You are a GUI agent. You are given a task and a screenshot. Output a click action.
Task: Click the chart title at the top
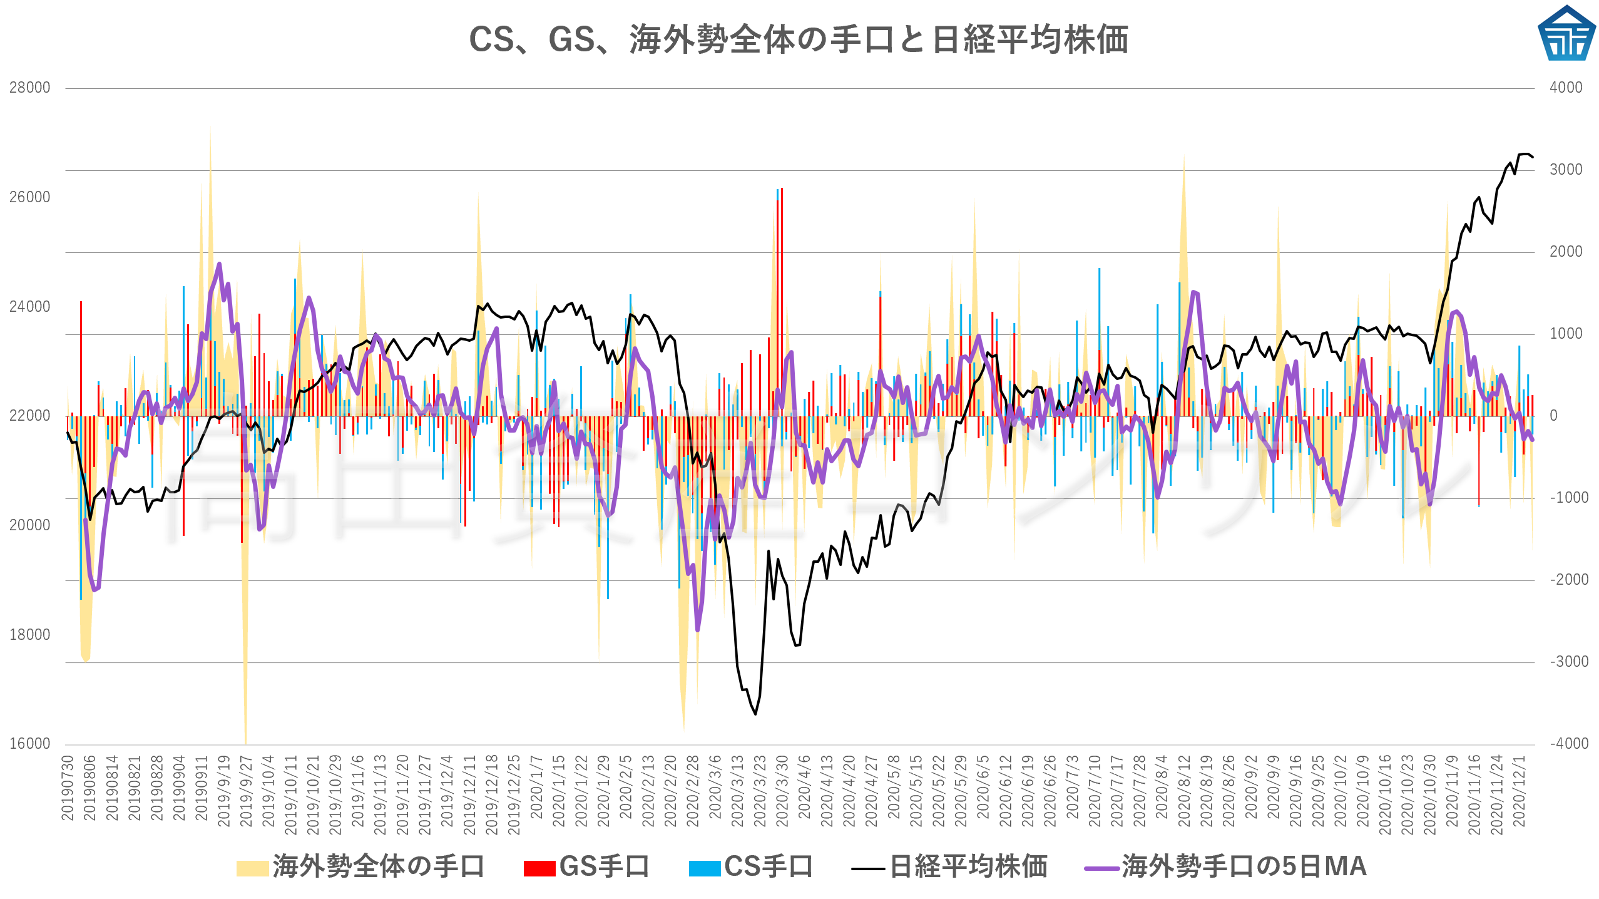point(799,40)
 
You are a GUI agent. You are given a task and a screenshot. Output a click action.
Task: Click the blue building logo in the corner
point(1566,34)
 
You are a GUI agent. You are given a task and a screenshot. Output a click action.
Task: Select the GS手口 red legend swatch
point(539,868)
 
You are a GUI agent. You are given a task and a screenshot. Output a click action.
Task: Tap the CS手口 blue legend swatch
point(704,868)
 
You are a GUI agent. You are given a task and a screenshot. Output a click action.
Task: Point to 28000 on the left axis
point(29,88)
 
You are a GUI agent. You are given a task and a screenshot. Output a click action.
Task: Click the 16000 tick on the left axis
point(29,744)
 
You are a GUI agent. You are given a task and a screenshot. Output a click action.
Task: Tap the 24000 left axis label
point(29,307)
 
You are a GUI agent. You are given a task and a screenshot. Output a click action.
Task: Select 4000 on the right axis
point(1566,88)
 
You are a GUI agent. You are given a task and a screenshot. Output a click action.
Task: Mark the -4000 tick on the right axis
point(1568,744)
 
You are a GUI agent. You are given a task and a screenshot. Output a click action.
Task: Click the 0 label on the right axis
point(1553,416)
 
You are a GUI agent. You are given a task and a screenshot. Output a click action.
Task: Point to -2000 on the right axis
point(1568,580)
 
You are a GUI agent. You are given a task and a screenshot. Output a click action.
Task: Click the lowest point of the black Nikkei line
point(755,714)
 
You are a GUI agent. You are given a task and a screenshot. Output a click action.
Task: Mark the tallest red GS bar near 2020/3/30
point(782,189)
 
